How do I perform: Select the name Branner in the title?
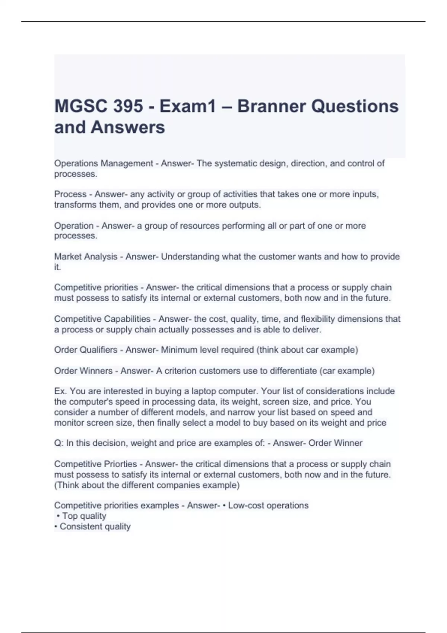(271, 106)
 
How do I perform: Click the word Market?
(67, 257)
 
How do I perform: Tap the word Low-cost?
(246, 506)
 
